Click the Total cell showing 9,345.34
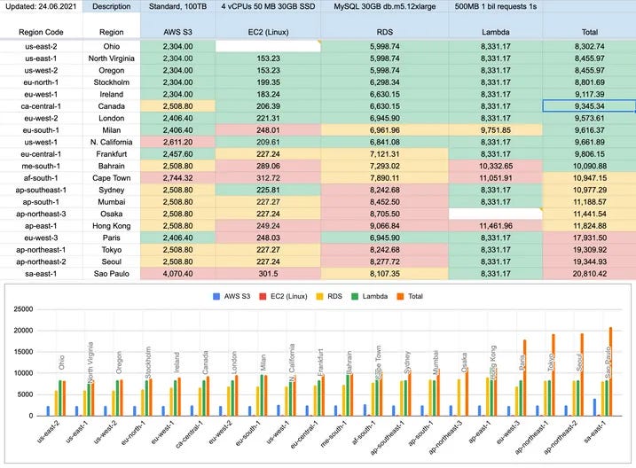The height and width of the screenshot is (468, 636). tap(589, 105)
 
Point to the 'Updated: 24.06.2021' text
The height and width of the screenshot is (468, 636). tap(41, 6)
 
